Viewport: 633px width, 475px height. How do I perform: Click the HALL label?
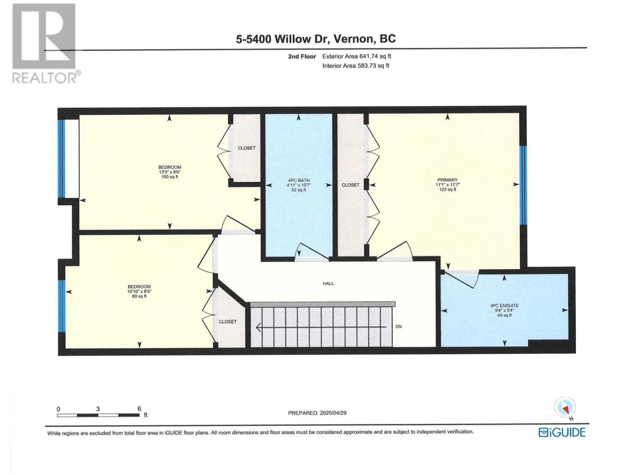pyautogui.click(x=328, y=284)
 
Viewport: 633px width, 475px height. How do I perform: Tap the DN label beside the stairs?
pyautogui.click(x=399, y=327)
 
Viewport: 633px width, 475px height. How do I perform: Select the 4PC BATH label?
pyautogui.click(x=299, y=180)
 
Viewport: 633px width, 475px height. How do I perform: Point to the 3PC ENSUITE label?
pyautogui.click(x=504, y=305)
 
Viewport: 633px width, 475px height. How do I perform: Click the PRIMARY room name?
pyautogui.click(x=447, y=180)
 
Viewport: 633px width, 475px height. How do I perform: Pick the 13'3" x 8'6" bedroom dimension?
pyautogui.click(x=170, y=172)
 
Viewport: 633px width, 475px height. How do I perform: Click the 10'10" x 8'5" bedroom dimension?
pyautogui.click(x=139, y=291)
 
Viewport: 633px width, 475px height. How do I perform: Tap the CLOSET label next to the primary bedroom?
pyautogui.click(x=351, y=185)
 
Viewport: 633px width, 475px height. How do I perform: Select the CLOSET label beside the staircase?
pyautogui.click(x=227, y=322)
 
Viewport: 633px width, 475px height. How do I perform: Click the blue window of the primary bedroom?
pyautogui.click(x=523, y=186)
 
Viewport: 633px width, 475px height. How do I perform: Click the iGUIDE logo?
pyautogui.click(x=562, y=440)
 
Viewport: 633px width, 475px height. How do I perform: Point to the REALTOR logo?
pyautogui.click(x=46, y=43)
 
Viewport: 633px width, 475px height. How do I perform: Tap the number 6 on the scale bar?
pyautogui.click(x=139, y=409)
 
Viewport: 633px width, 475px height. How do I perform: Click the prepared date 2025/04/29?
pyautogui.click(x=333, y=413)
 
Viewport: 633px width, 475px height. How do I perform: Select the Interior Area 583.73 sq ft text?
pyautogui.click(x=356, y=66)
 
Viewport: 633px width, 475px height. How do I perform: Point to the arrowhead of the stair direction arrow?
pyautogui.click(x=258, y=328)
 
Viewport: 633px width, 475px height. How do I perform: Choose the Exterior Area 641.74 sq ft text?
pyautogui.click(x=357, y=56)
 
